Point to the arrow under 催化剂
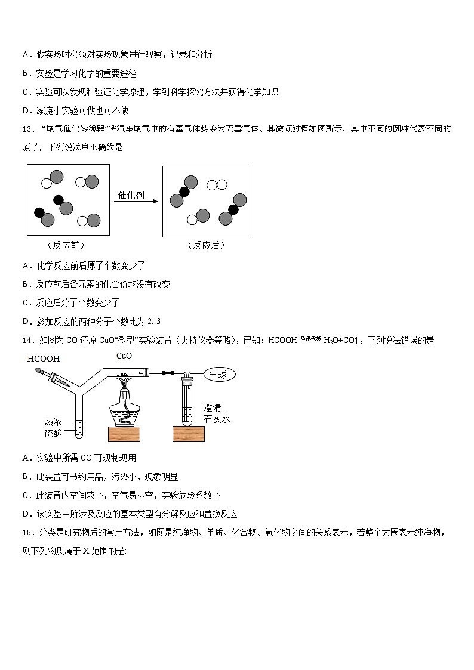136,202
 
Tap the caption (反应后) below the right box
206,245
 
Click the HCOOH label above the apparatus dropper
44,359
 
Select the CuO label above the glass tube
124,356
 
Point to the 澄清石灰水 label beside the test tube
216,413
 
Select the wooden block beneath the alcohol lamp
124,434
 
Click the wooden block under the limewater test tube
188,434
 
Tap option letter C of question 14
26,495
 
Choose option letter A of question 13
26,265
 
